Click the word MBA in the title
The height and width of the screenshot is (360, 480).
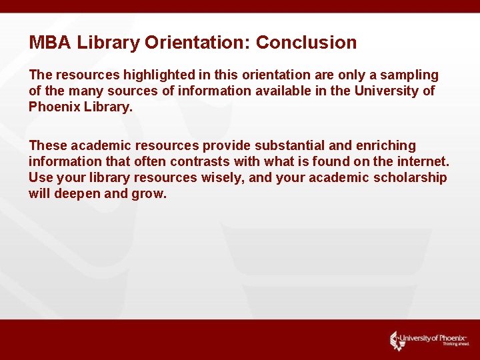50,43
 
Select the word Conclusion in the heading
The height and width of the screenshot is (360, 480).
306,43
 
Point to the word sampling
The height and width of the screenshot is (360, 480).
409,75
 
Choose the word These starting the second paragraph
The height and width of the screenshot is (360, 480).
47,145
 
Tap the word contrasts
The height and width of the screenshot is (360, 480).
201,161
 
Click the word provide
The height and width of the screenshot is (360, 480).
225,145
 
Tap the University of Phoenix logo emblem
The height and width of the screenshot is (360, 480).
397,339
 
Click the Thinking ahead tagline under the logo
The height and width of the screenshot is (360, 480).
456,345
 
